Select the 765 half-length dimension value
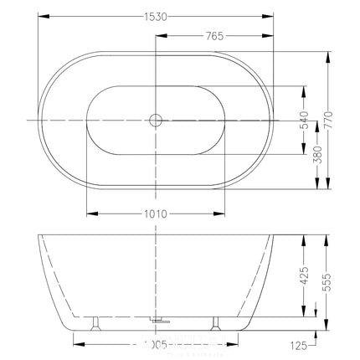coord(214,36)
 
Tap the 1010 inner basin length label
coord(157,214)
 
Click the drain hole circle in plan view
coord(155,120)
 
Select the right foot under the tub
coord(216,321)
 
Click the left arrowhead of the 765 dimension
coord(159,36)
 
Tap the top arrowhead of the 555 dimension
coord(330,237)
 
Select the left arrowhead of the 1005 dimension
coord(77,342)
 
